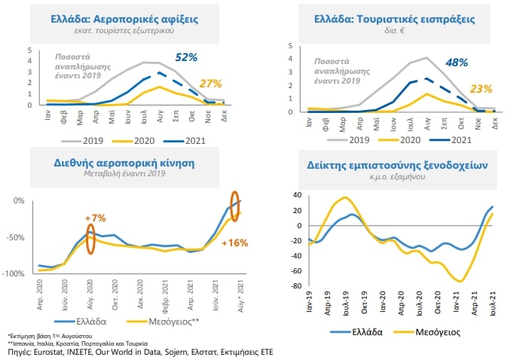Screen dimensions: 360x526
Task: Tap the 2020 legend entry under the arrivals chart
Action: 138,140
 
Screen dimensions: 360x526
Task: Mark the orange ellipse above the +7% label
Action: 91,239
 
